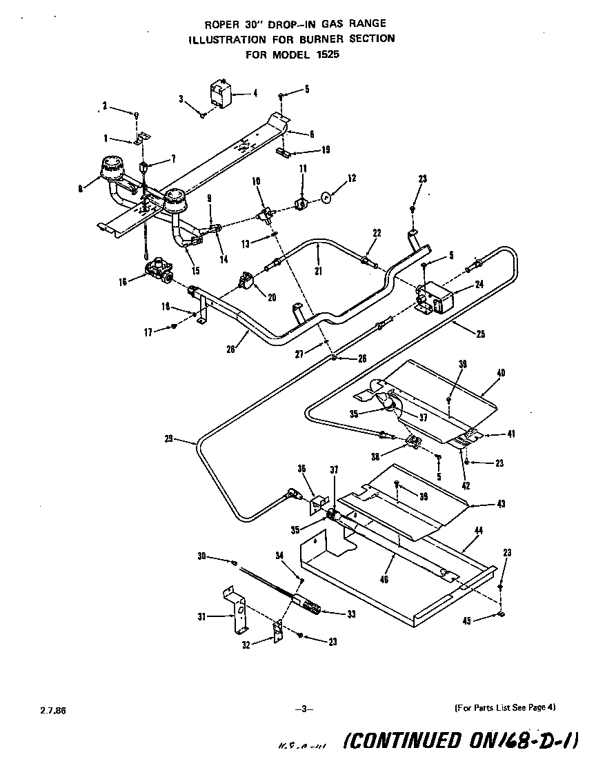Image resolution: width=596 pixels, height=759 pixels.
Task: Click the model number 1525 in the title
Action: point(328,55)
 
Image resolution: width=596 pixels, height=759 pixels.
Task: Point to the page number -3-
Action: point(304,708)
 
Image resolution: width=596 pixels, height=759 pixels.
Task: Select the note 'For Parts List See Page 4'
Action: point(505,707)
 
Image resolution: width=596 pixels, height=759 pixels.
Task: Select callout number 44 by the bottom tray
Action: point(478,531)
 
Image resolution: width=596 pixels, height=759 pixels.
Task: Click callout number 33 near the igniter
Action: point(351,614)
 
